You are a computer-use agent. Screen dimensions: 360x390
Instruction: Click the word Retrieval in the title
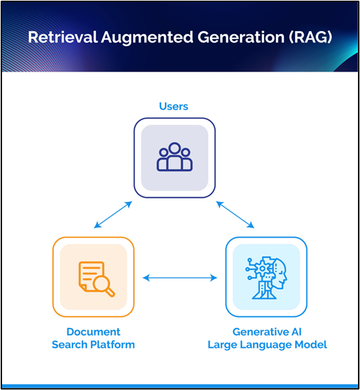[63, 37]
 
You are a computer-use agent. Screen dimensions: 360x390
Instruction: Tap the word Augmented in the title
[147, 38]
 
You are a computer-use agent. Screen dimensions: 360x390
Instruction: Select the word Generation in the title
[241, 37]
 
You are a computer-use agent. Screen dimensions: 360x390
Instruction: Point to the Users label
[174, 106]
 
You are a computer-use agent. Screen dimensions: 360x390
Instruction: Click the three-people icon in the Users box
[174, 156]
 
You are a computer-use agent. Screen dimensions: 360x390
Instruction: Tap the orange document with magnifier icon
[97, 279]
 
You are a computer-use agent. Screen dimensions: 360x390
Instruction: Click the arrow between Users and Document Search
[113, 215]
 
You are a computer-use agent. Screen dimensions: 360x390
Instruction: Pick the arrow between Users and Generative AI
[235, 215]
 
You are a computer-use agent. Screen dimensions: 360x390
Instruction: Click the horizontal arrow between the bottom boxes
[180, 278]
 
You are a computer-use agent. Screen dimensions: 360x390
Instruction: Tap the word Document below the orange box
[93, 332]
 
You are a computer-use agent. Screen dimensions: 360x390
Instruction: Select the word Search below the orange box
[70, 345]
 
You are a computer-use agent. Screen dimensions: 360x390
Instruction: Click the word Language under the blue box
[266, 345]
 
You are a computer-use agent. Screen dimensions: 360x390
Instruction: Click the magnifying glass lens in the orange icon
[101, 284]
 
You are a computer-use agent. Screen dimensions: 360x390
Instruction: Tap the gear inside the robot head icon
[262, 269]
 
